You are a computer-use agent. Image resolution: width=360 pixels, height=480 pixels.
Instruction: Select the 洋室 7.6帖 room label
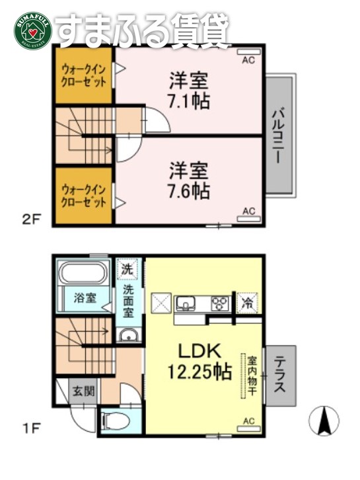(188, 180)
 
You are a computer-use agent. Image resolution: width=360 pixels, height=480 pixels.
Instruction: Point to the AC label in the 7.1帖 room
(248, 60)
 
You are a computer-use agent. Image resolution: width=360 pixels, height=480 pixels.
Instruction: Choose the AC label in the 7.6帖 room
(248, 211)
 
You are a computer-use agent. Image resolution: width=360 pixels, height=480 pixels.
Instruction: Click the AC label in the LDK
(248, 420)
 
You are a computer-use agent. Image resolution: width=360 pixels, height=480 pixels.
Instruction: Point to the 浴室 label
(83, 298)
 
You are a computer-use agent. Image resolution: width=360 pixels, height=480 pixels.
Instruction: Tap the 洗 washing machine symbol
(127, 269)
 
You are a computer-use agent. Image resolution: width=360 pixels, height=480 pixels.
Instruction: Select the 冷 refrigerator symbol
(246, 303)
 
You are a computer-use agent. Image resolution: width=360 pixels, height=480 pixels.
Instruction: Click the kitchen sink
(186, 304)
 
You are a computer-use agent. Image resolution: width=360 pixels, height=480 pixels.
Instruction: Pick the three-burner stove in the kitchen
(219, 304)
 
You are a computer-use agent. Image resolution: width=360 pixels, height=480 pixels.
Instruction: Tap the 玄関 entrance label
(83, 391)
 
